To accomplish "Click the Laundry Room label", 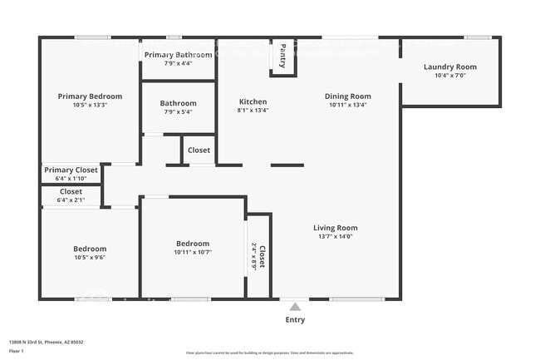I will pos(450,67).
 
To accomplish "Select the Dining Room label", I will pos(347,96).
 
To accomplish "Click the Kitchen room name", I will pos(253,101).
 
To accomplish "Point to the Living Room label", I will pos(335,228).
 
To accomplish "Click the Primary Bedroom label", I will pos(90,96).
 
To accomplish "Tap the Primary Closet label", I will pos(71,170).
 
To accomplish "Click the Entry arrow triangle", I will pos(295,307).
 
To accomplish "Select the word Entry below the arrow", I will pos(295,319).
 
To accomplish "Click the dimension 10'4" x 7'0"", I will pos(449,76).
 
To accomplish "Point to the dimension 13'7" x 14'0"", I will pos(335,236).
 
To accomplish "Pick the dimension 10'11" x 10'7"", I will pos(193,252).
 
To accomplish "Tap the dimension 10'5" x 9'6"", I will pos(89,258).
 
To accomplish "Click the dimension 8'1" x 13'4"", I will pos(253,110).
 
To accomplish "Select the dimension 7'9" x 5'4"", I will pos(178,112).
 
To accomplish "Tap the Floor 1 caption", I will pos(16,351).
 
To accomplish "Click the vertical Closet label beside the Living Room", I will pos(262,257).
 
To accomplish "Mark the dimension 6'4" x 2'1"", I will pos(71,200).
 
